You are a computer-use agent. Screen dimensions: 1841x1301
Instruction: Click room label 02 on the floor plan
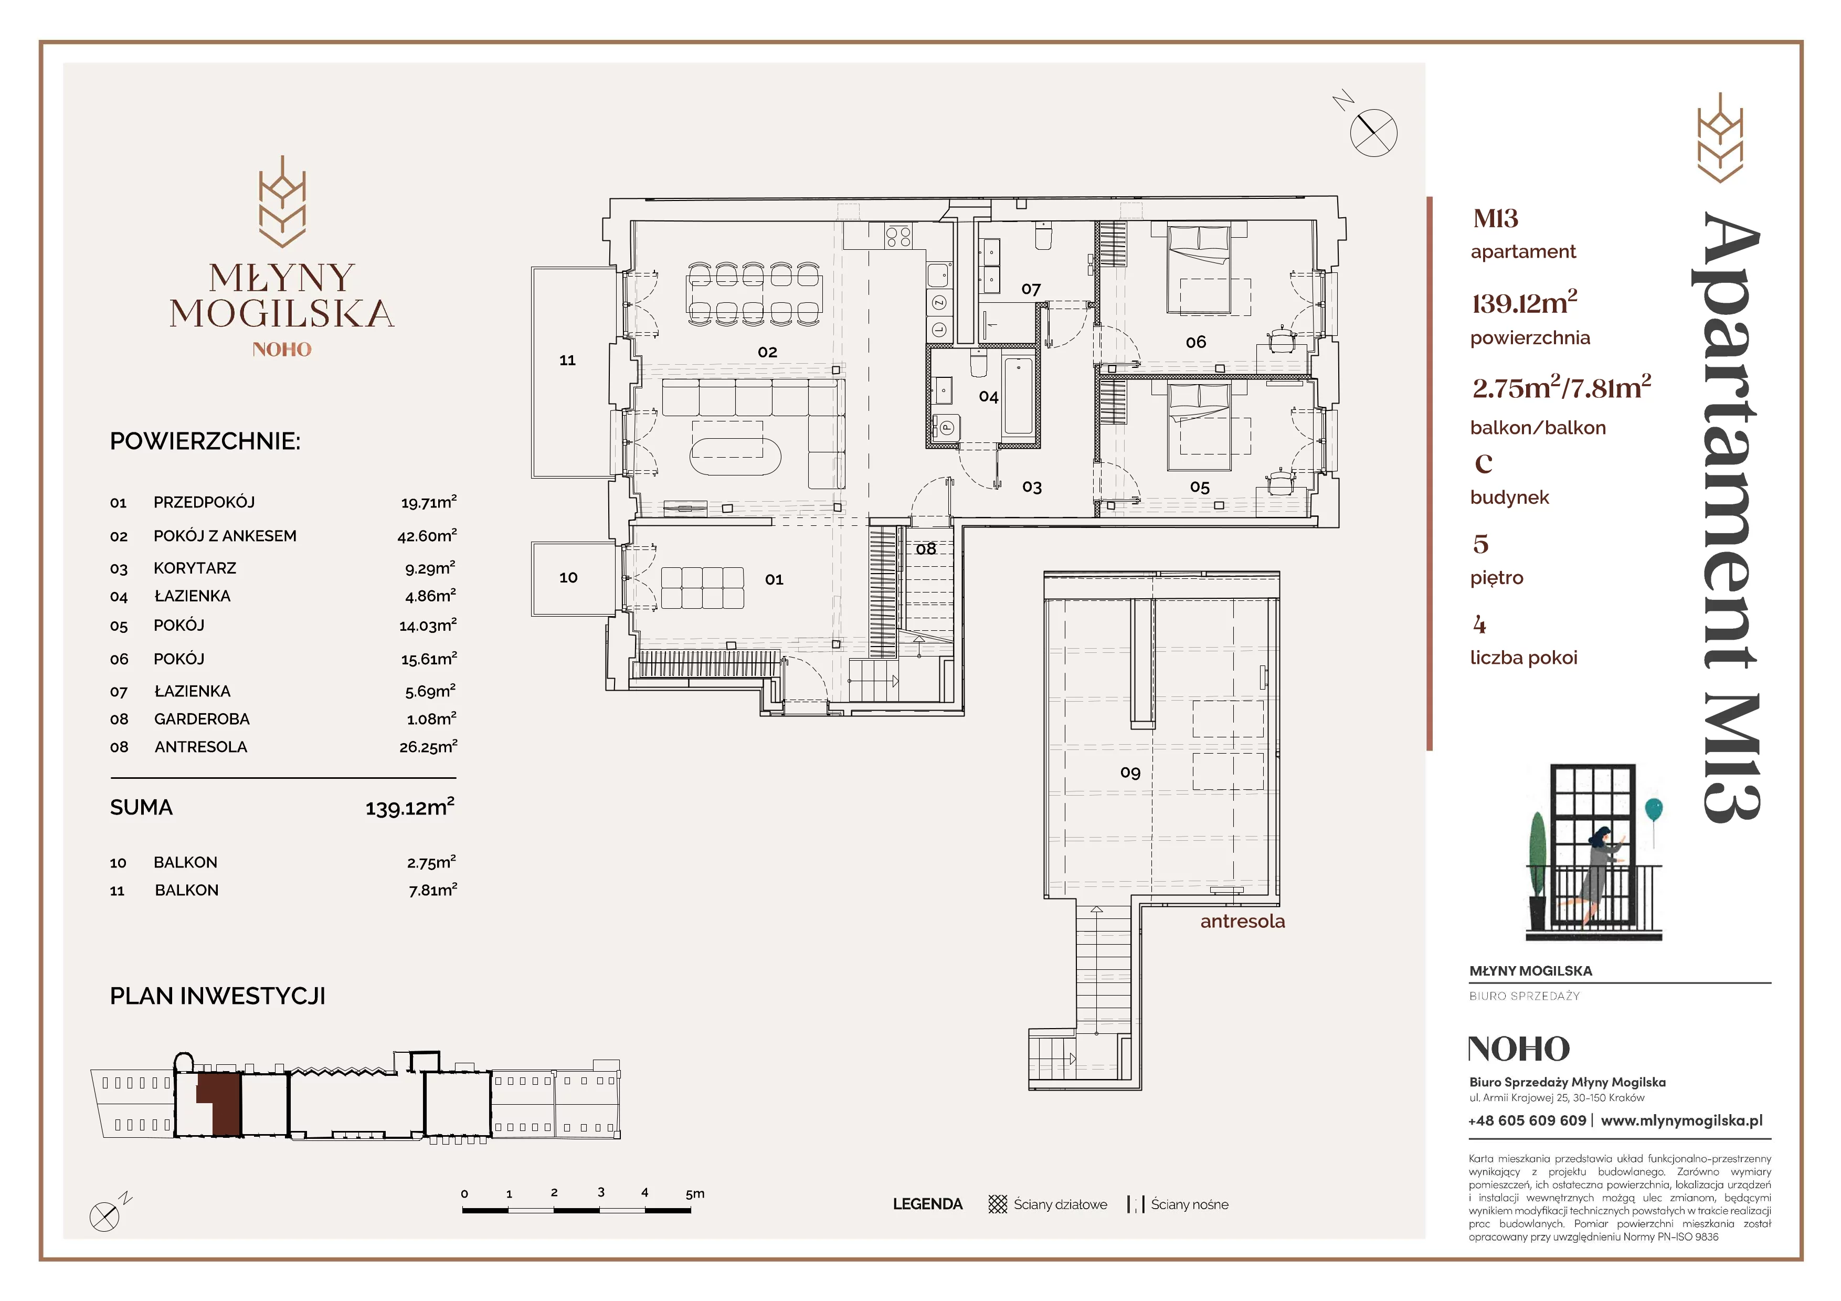tap(767, 352)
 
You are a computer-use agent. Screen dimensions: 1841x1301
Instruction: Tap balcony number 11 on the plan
tap(568, 361)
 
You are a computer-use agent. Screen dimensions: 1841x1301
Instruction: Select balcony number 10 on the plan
tap(568, 577)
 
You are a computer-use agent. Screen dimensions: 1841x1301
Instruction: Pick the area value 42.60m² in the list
tap(427, 535)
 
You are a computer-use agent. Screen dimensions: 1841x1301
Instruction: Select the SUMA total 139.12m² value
tap(410, 807)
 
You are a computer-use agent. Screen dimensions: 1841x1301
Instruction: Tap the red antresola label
tap(1242, 922)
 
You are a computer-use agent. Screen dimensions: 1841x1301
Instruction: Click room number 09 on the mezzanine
tap(1130, 773)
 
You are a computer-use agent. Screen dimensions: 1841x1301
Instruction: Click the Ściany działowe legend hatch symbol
tap(998, 1204)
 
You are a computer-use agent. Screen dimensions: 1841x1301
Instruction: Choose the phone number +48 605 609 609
tap(1527, 1120)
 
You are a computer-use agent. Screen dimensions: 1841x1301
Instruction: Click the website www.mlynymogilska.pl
tap(1681, 1120)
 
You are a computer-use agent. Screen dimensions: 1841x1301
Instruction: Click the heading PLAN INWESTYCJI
tap(217, 997)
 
